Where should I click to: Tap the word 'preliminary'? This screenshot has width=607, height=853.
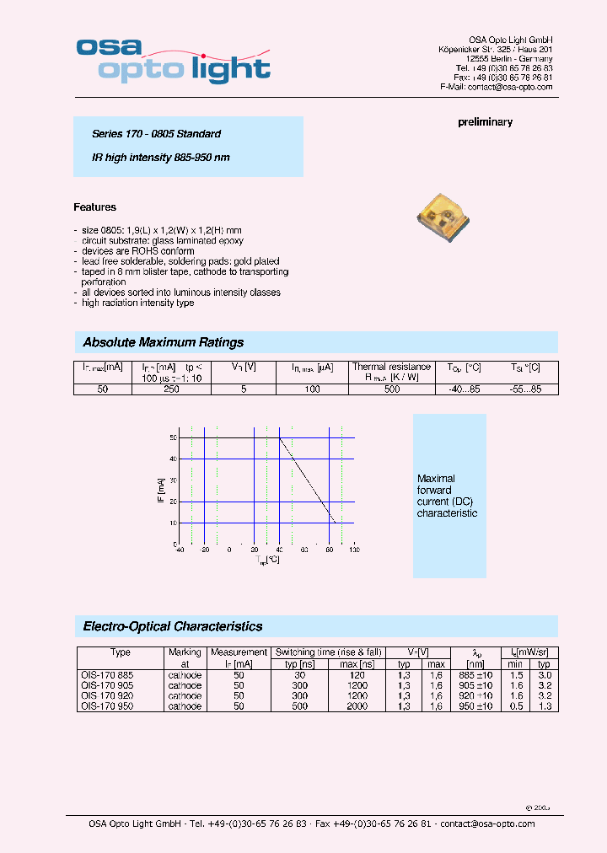pyautogui.click(x=485, y=122)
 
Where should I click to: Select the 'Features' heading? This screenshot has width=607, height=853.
pyautogui.click(x=94, y=207)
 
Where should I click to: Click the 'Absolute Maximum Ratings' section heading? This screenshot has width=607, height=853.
pyautogui.click(x=163, y=342)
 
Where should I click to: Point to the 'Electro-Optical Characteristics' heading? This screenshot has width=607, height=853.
pyautogui.click(x=172, y=626)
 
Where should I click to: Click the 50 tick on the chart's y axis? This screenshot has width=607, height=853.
pyautogui.click(x=173, y=438)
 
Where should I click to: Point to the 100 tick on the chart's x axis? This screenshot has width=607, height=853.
pyautogui.click(x=354, y=550)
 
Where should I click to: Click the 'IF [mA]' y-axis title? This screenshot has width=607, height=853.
pyautogui.click(x=160, y=491)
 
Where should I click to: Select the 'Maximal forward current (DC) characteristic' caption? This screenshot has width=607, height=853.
pyautogui.click(x=447, y=496)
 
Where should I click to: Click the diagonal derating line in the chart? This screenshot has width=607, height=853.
pyautogui.click(x=308, y=480)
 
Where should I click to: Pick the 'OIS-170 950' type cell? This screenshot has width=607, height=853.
pyautogui.click(x=106, y=706)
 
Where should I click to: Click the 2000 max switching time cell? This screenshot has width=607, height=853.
pyautogui.click(x=357, y=706)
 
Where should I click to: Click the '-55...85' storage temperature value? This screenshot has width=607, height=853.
pyautogui.click(x=526, y=389)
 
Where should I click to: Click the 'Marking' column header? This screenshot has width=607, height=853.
pyautogui.click(x=185, y=652)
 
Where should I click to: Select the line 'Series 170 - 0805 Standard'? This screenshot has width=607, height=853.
pyautogui.click(x=156, y=134)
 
